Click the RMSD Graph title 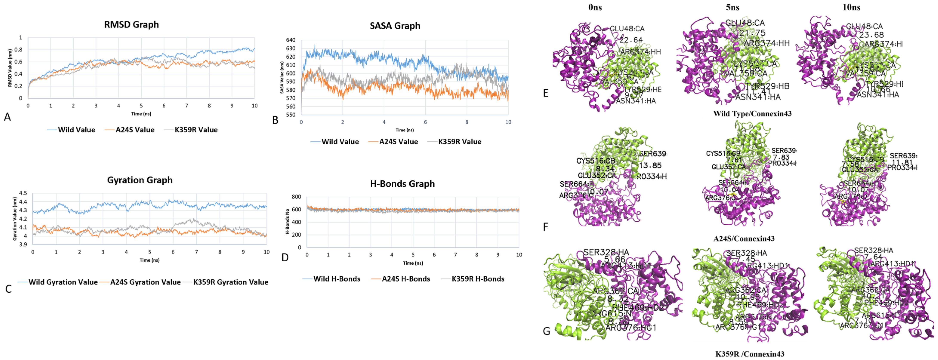[131, 25]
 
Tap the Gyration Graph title [140, 180]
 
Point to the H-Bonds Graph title [402, 184]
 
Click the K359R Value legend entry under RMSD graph [196, 130]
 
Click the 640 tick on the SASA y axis [291, 40]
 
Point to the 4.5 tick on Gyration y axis [23, 193]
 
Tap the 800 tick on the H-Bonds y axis [297, 197]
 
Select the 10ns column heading [851, 7]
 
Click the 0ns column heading [595, 7]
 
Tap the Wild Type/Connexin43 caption [752, 113]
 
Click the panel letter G [546, 331]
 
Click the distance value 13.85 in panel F [650, 166]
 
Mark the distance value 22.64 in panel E [631, 40]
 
